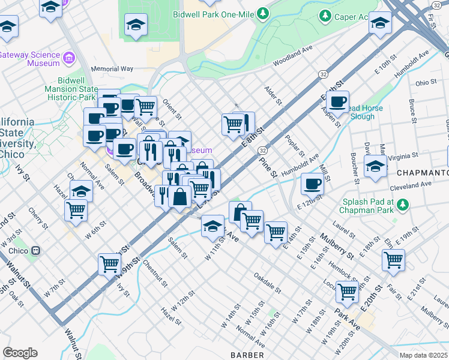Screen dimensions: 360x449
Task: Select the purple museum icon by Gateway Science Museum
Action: point(69,58)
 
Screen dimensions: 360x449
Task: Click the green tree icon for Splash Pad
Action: point(404,205)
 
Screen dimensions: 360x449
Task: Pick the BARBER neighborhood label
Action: point(247,355)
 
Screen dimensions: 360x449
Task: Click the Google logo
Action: point(20,353)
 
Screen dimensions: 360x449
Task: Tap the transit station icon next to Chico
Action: point(36,250)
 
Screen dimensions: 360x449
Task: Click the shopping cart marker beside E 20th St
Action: point(347,291)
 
